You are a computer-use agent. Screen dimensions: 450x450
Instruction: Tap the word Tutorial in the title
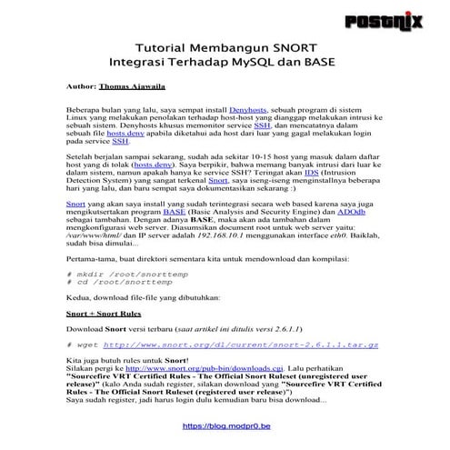[165, 47]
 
